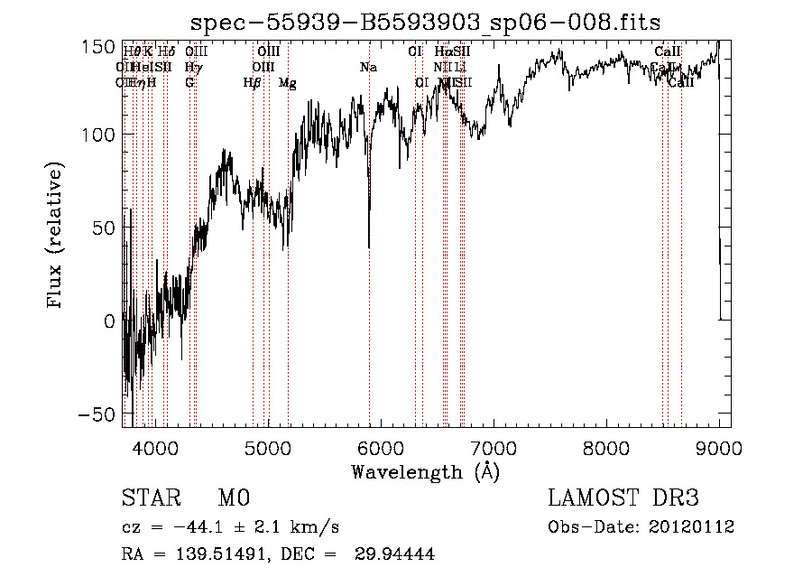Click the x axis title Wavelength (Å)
[x=426, y=471]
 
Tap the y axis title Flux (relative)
[x=56, y=237]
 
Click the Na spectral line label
[x=368, y=68]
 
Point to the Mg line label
[x=288, y=83]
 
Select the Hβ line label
[x=252, y=83]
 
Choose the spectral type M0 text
[x=233, y=498]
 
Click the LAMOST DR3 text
[x=623, y=498]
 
